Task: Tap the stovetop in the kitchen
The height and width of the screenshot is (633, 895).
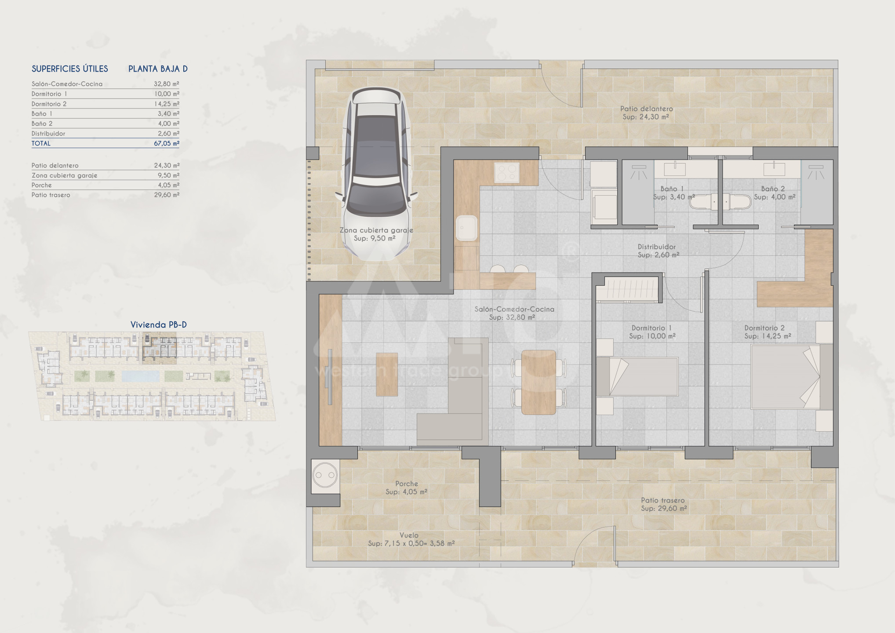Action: tap(507, 172)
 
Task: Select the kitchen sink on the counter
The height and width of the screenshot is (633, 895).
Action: tap(466, 228)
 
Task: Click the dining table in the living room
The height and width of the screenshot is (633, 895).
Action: tap(538, 382)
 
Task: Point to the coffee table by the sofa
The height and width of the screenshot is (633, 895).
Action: tap(387, 374)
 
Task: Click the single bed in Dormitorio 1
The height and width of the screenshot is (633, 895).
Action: tap(637, 377)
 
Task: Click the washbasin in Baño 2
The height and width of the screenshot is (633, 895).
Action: tap(774, 169)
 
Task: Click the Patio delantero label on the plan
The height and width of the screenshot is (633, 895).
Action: tap(646, 109)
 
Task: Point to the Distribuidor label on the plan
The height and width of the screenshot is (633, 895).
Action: tap(657, 247)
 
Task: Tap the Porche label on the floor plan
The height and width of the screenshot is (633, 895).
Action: tap(406, 484)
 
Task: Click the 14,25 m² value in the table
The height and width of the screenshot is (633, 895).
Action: tap(167, 104)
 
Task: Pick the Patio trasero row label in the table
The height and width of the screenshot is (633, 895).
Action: tap(51, 195)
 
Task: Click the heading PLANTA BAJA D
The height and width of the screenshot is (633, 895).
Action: tap(158, 69)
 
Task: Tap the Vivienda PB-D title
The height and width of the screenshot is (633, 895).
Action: tap(159, 324)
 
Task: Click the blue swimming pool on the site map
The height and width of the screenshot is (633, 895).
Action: tap(140, 376)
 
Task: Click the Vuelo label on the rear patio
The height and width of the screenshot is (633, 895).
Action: tap(409, 535)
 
